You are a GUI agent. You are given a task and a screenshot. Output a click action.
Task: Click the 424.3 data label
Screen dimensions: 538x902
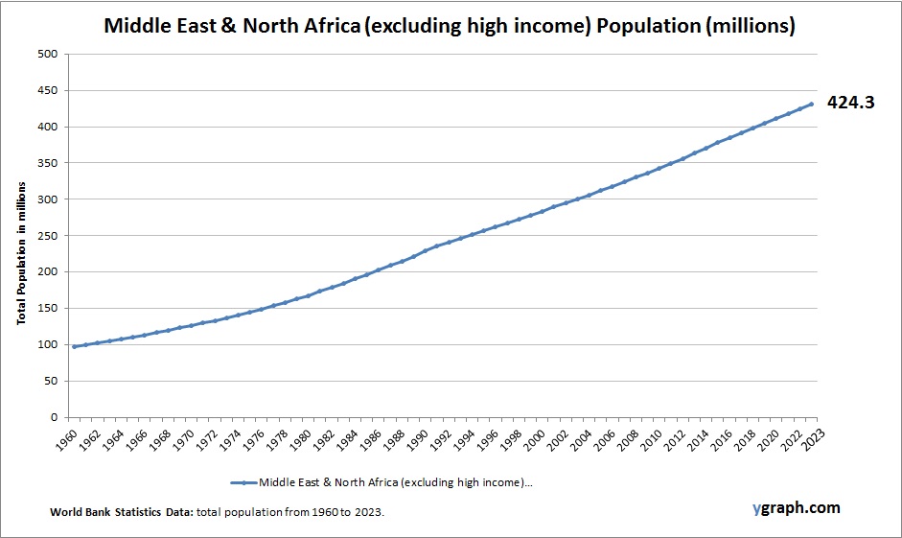(x=850, y=103)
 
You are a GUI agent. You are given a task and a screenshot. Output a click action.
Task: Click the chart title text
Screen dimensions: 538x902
(x=450, y=26)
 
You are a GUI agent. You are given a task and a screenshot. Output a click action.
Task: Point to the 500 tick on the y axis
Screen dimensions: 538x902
(x=49, y=54)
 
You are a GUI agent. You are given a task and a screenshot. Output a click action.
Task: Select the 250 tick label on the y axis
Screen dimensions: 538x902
(x=49, y=236)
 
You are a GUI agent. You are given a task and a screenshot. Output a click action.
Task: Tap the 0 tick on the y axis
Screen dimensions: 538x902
(x=56, y=417)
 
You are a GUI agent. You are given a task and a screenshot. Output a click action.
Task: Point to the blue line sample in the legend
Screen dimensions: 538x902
(x=243, y=482)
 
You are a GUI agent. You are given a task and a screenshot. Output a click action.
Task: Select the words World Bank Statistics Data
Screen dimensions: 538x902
(x=121, y=513)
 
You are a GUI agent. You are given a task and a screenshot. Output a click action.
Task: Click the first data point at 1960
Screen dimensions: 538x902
(x=75, y=346)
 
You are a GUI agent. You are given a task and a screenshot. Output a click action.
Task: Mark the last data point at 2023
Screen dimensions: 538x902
(x=811, y=104)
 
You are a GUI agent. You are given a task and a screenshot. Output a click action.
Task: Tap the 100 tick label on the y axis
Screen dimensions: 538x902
(x=49, y=344)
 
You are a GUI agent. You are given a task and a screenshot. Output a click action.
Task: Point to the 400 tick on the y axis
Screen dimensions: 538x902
(x=49, y=127)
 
